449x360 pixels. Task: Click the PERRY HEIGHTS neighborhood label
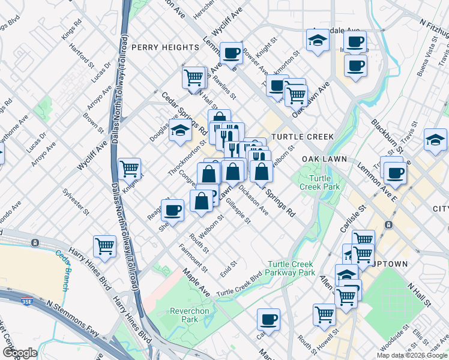(164, 47)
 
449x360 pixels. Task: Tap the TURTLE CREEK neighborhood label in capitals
(302, 137)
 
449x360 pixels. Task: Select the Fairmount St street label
(193, 258)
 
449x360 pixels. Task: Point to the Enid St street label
(229, 265)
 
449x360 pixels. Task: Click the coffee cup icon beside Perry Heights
(231, 53)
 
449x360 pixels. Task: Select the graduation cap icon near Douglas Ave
(179, 131)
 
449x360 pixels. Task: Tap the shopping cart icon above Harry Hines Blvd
(105, 247)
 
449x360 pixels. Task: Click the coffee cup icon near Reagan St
(172, 210)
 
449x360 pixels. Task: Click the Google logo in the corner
(20, 353)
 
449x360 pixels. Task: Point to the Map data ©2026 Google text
(411, 355)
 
